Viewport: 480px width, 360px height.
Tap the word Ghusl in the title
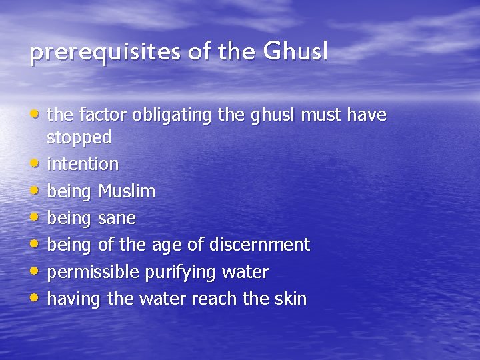click(x=295, y=51)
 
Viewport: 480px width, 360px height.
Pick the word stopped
click(x=79, y=137)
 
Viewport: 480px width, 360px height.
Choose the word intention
click(x=83, y=163)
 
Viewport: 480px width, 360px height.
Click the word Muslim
click(x=127, y=191)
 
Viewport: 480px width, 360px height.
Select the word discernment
click(x=259, y=245)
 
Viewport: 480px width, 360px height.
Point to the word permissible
click(x=91, y=272)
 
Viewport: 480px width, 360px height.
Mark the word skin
click(x=290, y=299)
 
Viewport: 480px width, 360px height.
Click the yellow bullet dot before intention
click(x=33, y=163)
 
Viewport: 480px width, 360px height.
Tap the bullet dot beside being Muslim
click(x=33, y=191)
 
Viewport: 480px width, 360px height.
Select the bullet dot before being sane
click(x=33, y=217)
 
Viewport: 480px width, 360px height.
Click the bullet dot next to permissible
click(x=33, y=271)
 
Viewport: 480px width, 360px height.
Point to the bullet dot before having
click(x=33, y=298)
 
